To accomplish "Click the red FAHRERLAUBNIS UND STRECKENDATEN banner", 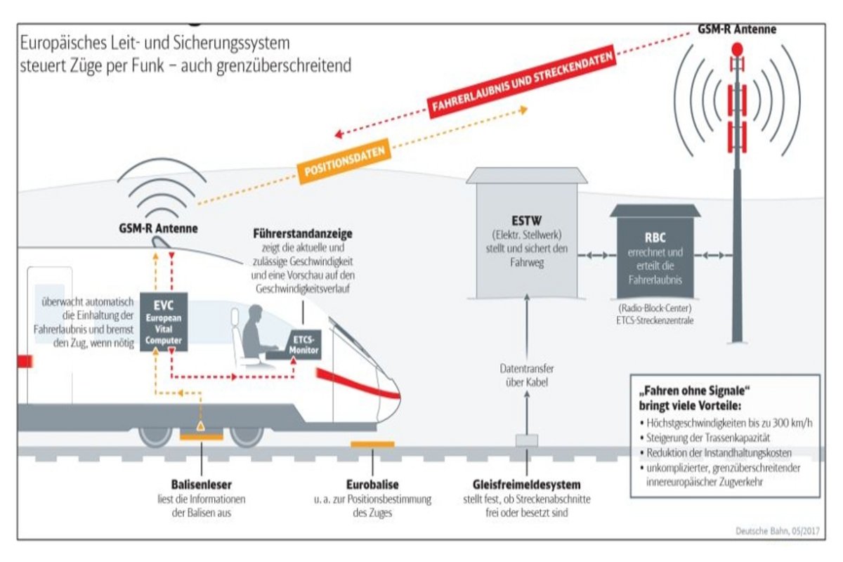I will (x=523, y=82).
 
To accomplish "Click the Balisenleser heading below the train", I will (x=202, y=485).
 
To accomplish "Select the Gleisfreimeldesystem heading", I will (x=527, y=485).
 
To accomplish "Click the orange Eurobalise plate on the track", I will (x=372, y=444).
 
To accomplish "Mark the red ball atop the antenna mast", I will (x=737, y=49).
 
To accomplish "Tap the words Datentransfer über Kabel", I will (x=527, y=375).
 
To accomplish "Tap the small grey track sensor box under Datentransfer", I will (x=526, y=440).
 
